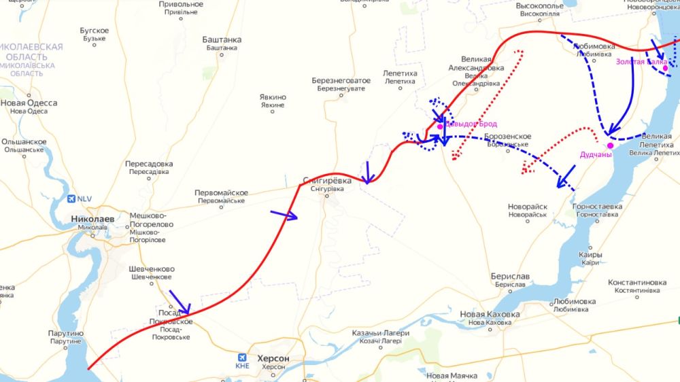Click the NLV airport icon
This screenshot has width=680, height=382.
(x=73, y=199)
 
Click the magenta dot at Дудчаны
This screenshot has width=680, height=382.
(x=610, y=145)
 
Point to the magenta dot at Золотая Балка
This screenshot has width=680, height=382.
(x=666, y=67)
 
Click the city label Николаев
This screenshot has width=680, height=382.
(x=92, y=219)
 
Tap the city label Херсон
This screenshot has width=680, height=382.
(x=273, y=358)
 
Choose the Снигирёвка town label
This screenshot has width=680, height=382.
(x=327, y=181)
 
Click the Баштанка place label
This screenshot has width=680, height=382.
(x=221, y=40)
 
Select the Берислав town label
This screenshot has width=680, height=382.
(x=509, y=277)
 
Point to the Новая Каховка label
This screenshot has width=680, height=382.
(x=490, y=315)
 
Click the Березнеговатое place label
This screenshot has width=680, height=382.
(x=341, y=80)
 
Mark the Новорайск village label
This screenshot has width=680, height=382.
(x=528, y=207)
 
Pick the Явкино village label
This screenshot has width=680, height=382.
(x=273, y=97)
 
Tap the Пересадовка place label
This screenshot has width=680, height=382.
(x=149, y=164)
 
